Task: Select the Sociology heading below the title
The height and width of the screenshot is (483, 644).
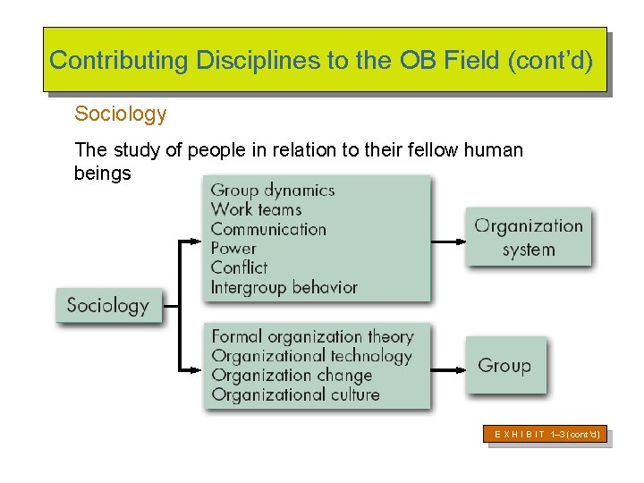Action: [121, 114]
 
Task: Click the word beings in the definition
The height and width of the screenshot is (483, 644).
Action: [102, 173]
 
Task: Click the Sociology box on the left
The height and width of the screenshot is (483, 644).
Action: [108, 306]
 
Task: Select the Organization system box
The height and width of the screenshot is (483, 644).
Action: [528, 237]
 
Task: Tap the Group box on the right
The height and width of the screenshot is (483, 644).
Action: [504, 365]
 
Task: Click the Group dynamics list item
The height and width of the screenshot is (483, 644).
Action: [273, 190]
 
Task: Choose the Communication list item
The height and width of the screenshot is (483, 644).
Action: [268, 229]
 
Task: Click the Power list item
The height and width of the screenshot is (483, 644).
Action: [233, 248]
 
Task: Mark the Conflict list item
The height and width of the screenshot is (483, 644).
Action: [239, 267]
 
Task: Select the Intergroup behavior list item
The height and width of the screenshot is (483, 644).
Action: [284, 287]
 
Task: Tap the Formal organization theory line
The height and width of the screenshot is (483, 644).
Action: [312, 336]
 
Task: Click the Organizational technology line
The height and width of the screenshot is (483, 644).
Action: [311, 356]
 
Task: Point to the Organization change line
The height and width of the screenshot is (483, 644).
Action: [292, 375]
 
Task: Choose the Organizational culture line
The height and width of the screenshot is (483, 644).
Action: [295, 394]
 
